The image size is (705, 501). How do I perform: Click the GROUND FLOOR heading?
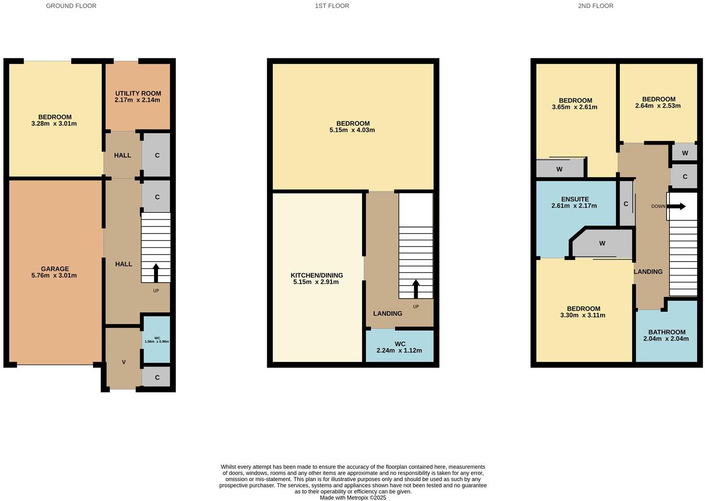pyautogui.click(x=71, y=6)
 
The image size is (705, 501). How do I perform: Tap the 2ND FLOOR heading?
pyautogui.click(x=595, y=6)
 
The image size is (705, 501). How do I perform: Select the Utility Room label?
pyautogui.click(x=138, y=93)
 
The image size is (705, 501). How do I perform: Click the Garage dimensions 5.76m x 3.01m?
pyautogui.click(x=54, y=276)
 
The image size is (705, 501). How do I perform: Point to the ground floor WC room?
pyautogui.click(x=157, y=340)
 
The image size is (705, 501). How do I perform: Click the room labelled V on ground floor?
pyautogui.click(x=124, y=362)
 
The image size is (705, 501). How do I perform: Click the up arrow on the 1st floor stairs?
pyautogui.click(x=416, y=289)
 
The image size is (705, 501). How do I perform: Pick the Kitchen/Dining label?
pyautogui.click(x=316, y=275)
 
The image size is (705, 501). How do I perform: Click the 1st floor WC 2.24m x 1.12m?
pyautogui.click(x=400, y=347)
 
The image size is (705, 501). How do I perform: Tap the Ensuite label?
pyautogui.click(x=574, y=199)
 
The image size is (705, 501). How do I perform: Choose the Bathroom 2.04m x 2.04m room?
pyautogui.click(x=666, y=335)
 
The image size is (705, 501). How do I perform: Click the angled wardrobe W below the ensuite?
pyautogui.click(x=602, y=243)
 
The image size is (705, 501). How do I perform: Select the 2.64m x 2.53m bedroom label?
pyautogui.click(x=658, y=102)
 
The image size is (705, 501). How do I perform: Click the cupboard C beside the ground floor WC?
pyautogui.click(x=157, y=377)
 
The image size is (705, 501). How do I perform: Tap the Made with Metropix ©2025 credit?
pyautogui.click(x=353, y=498)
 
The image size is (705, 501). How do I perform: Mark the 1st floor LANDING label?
pyautogui.click(x=388, y=313)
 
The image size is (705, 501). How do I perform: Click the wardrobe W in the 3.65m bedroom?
pyautogui.click(x=559, y=169)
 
